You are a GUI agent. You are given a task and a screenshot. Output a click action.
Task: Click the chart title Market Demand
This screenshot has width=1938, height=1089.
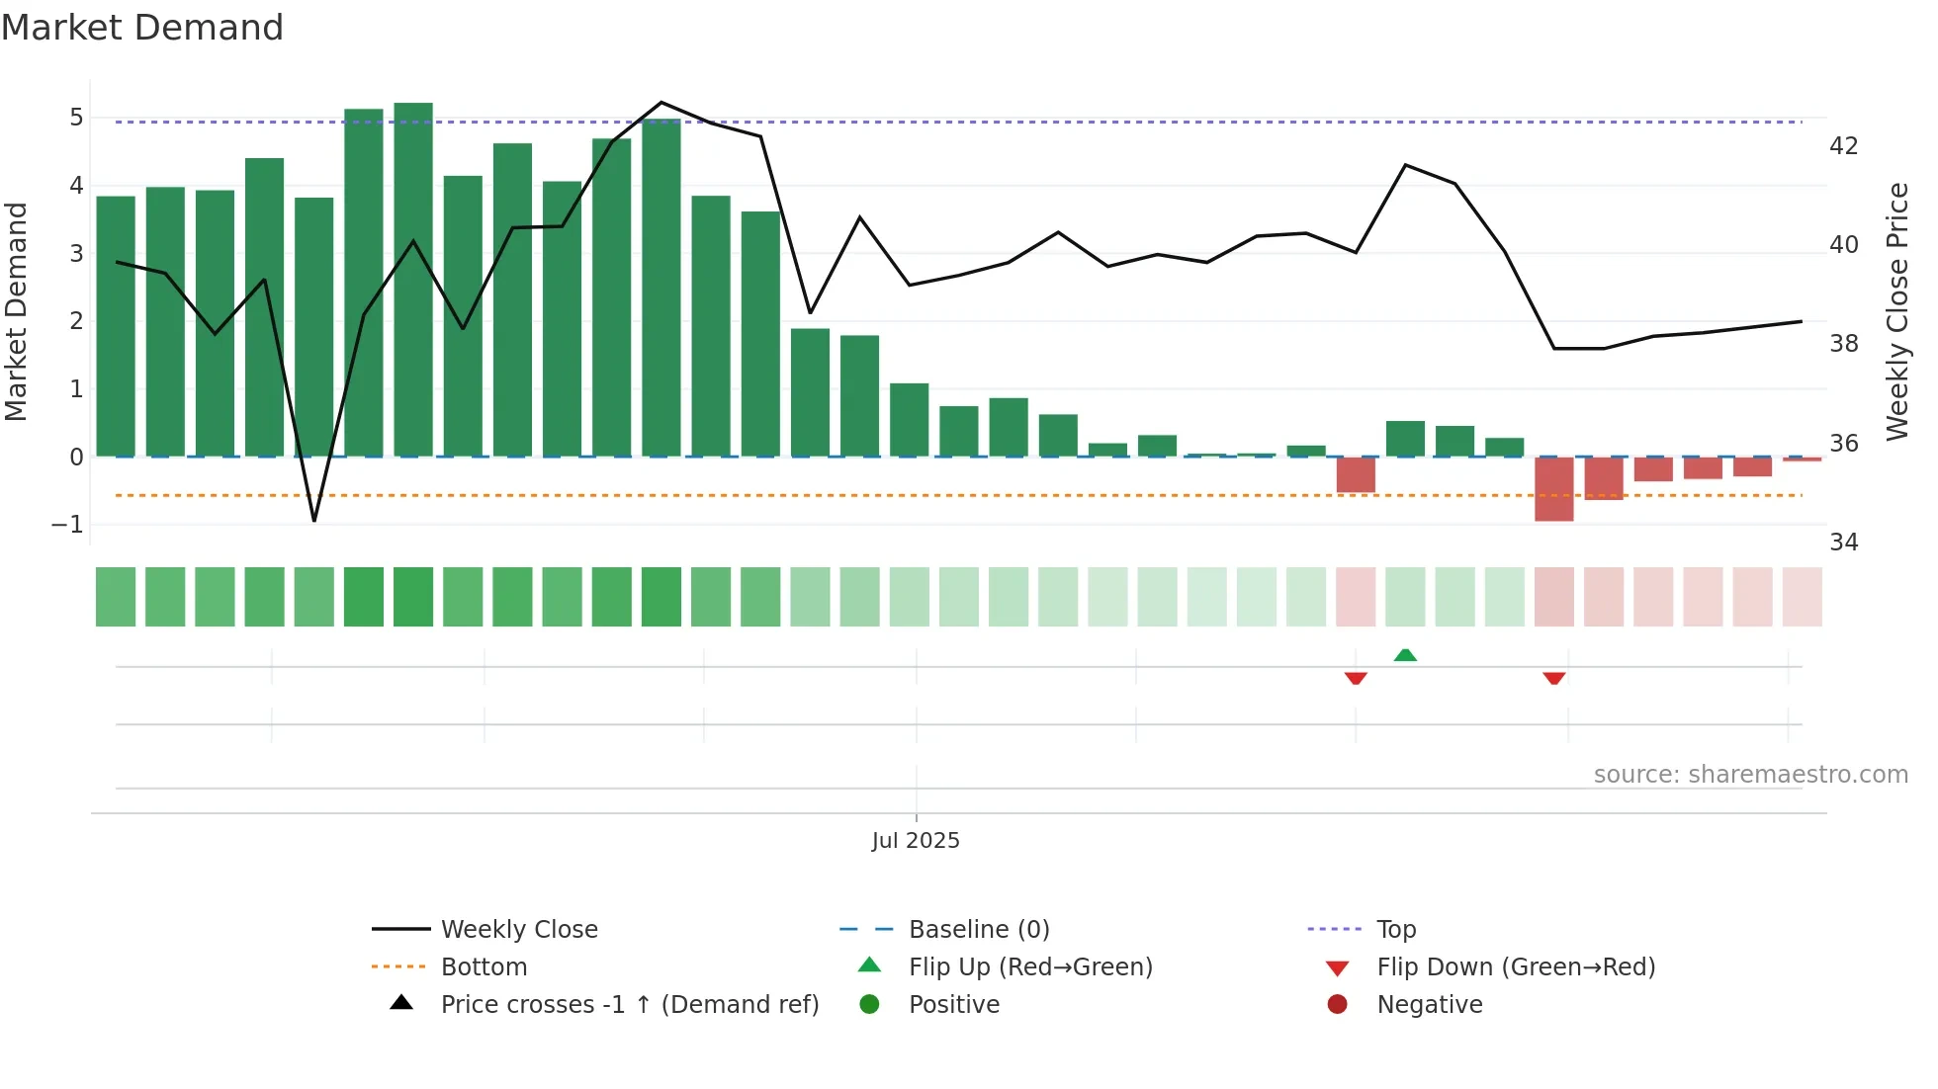142,28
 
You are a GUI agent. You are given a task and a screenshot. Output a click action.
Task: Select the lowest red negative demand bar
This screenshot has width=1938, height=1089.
1553,489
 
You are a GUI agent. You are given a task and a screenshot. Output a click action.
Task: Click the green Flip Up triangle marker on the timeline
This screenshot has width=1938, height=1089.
1405,654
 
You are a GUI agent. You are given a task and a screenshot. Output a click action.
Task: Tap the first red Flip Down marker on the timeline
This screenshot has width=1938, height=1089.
1356,678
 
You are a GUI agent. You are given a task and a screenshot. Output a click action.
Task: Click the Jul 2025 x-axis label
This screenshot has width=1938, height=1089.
916,840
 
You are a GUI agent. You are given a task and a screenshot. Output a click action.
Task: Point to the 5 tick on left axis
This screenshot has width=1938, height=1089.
76,118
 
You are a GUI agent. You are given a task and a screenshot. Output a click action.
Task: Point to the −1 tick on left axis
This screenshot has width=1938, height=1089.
67,525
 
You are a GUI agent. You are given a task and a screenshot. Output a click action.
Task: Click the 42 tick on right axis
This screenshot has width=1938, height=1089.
1844,146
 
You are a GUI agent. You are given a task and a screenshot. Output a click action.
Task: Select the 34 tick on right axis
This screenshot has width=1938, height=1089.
1844,543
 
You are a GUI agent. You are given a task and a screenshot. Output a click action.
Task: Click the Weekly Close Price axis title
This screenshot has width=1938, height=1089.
1896,311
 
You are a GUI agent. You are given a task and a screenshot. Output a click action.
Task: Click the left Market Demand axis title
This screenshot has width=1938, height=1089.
17,311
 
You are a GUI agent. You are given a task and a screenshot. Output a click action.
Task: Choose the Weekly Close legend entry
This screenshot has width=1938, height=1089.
518,929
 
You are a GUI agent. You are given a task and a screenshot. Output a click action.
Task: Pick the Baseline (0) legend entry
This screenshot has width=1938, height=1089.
978,929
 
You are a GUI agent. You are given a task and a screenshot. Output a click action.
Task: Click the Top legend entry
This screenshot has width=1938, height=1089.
1395,929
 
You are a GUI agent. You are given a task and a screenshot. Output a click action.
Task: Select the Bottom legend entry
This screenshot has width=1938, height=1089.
484,966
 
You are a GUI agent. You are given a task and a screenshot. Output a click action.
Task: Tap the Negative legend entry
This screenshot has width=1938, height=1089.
1429,1004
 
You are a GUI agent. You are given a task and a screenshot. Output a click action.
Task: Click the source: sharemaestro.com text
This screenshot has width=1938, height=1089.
1750,774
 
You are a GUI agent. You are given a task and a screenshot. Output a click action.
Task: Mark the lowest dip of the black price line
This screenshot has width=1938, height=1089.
314,520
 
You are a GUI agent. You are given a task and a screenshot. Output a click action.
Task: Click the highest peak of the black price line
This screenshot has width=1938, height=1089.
661,103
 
